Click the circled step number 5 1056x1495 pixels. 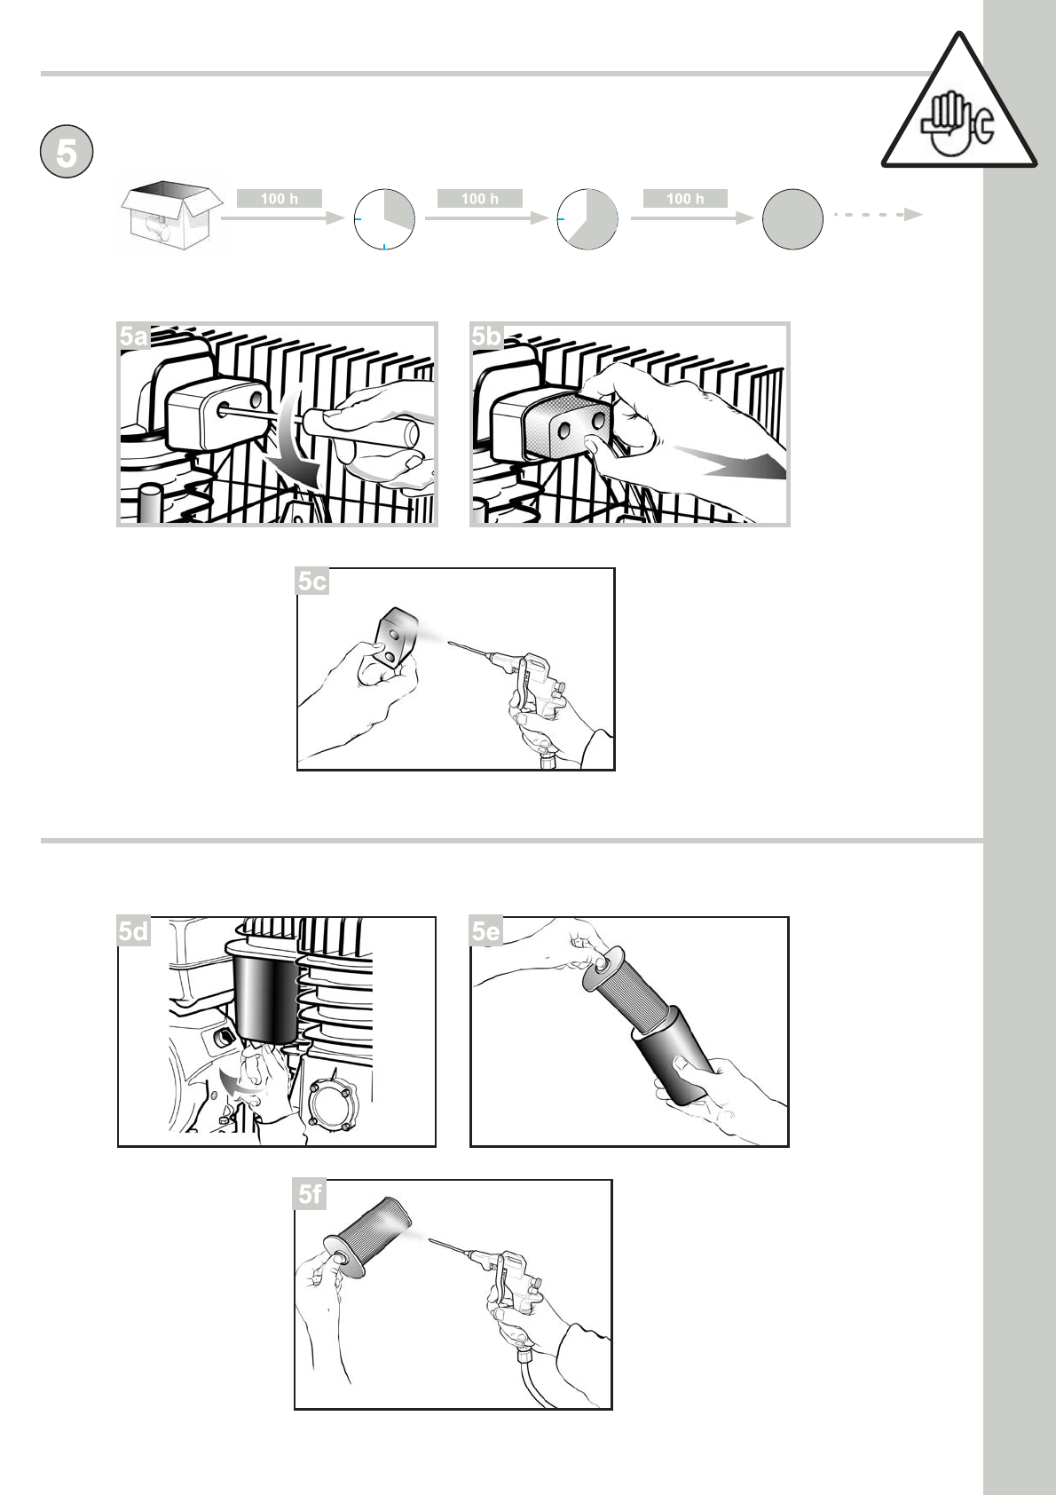66,152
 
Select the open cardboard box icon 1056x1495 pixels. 172,215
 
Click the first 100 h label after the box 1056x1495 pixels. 280,198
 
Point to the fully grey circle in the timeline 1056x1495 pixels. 792,219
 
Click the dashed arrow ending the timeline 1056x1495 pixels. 878,214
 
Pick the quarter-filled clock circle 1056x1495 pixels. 384,219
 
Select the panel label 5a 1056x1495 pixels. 133,336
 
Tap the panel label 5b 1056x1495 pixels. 485,336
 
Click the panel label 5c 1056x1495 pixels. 312,581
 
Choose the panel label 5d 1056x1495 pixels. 133,931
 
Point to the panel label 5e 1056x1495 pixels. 485,931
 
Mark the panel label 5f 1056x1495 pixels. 310,1194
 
